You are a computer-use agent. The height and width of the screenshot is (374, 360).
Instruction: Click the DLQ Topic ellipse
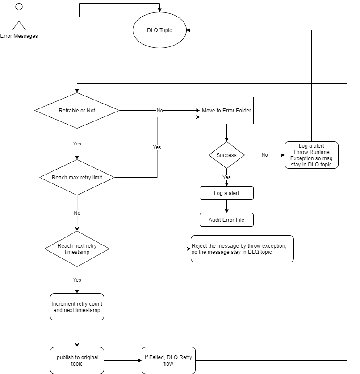159,30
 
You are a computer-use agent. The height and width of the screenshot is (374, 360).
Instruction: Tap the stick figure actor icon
19,17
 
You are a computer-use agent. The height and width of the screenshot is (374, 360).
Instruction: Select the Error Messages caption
19,36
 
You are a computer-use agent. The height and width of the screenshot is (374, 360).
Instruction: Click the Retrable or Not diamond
77,110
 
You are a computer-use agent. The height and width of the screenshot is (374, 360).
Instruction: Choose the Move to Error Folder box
226,110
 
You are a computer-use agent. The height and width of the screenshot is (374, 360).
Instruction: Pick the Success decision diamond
226,155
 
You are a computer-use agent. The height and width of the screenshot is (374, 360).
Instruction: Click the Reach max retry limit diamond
77,177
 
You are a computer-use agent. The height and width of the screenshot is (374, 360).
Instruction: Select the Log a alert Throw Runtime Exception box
311,155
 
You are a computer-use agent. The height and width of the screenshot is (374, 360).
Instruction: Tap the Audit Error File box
226,220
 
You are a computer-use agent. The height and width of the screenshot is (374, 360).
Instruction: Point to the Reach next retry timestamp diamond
77,249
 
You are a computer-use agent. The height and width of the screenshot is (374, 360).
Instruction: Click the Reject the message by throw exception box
242,249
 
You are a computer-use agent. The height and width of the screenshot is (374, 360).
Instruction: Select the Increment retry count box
77,307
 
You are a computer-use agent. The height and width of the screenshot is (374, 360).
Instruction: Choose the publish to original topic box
77,360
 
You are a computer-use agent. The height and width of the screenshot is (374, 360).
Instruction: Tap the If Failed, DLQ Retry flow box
168,360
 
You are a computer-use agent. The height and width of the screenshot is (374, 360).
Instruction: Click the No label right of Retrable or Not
159,110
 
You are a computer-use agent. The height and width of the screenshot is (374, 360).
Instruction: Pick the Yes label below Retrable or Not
77,144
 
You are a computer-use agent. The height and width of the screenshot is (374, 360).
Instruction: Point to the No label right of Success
264,155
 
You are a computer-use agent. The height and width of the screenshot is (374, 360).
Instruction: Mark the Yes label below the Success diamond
226,177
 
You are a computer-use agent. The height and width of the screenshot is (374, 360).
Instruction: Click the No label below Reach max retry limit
77,213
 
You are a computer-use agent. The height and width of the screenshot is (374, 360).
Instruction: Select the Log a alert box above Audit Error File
226,193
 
